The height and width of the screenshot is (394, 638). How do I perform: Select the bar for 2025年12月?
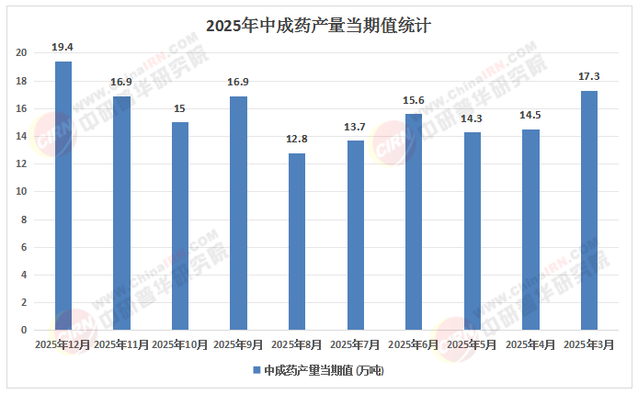[63, 196]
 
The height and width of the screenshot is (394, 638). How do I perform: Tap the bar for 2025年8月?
[297, 242]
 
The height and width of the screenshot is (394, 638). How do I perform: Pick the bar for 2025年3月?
[589, 210]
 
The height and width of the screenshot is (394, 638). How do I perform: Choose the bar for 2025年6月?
[414, 222]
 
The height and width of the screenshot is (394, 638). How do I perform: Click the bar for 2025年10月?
[180, 226]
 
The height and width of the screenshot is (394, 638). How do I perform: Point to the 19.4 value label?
[63, 45]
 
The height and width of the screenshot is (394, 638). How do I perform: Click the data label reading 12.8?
[297, 138]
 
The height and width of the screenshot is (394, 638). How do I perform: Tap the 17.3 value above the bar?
[589, 75]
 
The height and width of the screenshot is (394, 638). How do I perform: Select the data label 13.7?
[356, 126]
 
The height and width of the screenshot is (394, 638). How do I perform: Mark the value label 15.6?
[414, 99]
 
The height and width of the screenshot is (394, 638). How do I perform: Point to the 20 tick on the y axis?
[21, 53]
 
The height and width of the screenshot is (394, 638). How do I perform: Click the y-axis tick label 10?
[21, 192]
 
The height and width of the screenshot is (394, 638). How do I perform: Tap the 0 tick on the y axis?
[25, 330]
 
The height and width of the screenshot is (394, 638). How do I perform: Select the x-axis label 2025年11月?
[121, 344]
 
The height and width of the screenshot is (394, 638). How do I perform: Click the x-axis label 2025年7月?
[355, 344]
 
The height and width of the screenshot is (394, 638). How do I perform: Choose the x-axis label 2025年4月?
[530, 344]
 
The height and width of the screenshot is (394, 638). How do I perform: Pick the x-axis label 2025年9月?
[238, 344]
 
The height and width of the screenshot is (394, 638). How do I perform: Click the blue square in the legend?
[256, 371]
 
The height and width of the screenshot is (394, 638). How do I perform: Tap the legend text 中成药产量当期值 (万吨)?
[323, 371]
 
